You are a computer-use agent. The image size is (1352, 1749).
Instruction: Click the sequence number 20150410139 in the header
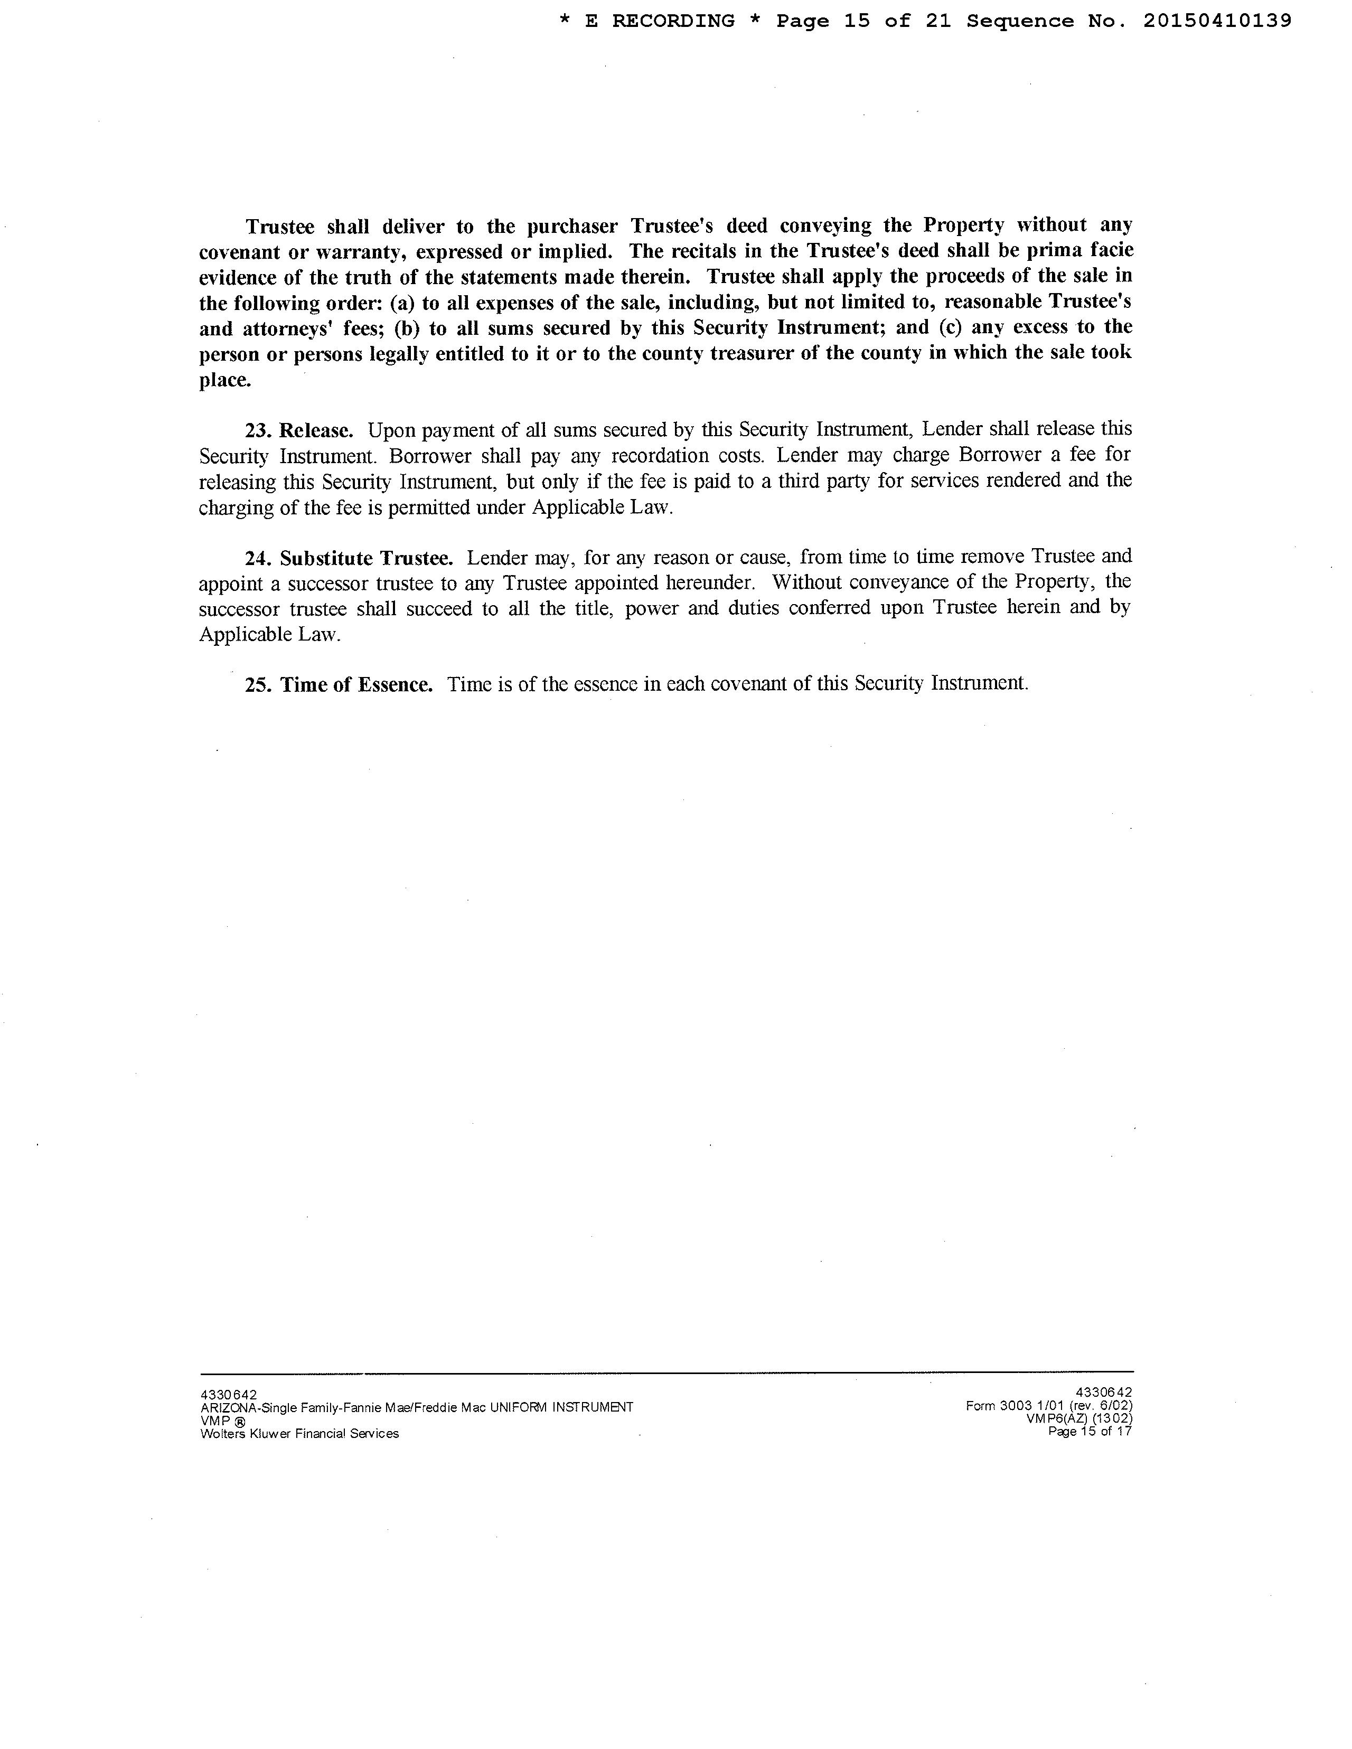[1217, 21]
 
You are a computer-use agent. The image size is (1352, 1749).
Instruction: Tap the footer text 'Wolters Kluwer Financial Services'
[299, 1434]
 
